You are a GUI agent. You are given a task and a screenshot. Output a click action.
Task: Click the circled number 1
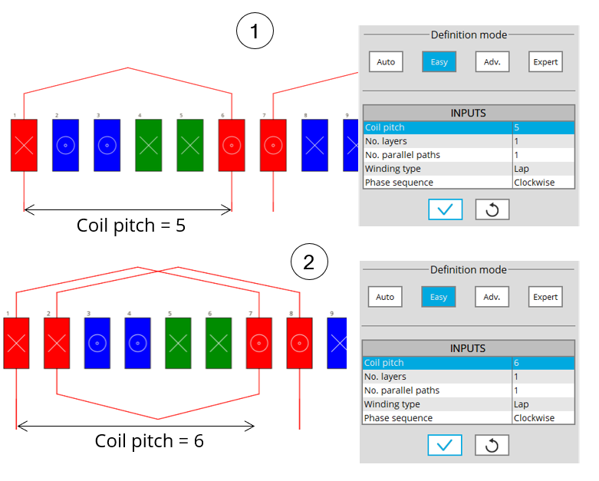(x=255, y=32)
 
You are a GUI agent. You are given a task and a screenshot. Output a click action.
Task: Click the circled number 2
(x=309, y=262)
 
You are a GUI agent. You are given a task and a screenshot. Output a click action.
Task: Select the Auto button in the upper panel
(x=385, y=62)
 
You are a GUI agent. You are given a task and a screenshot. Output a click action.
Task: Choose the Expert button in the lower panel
(x=545, y=297)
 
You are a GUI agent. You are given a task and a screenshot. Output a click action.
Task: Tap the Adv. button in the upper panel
(x=492, y=62)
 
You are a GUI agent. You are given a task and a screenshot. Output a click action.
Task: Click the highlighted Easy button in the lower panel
(x=439, y=297)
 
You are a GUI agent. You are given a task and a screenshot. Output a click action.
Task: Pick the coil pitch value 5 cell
(x=544, y=127)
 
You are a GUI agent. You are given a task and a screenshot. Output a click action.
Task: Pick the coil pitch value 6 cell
(x=544, y=363)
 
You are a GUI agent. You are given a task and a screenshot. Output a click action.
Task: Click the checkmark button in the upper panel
(x=445, y=209)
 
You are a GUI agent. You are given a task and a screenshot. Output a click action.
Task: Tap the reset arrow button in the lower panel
(x=492, y=444)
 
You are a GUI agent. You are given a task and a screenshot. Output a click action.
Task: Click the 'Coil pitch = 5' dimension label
(x=131, y=226)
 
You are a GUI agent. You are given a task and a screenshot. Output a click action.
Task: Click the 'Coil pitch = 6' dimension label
(x=149, y=441)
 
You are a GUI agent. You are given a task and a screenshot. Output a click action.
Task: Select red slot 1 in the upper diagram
(x=24, y=144)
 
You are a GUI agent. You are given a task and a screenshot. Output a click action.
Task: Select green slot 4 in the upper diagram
(x=148, y=144)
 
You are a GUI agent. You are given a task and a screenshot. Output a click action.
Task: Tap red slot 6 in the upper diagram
(x=232, y=144)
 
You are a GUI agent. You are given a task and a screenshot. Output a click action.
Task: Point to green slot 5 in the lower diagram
(x=178, y=342)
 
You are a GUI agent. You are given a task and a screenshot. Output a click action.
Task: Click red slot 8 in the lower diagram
(x=299, y=342)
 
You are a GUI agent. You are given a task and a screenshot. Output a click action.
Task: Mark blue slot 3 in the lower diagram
(x=97, y=342)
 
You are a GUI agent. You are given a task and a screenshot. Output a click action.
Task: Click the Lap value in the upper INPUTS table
(x=544, y=169)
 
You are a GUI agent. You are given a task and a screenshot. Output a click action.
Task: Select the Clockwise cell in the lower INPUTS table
(x=544, y=418)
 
